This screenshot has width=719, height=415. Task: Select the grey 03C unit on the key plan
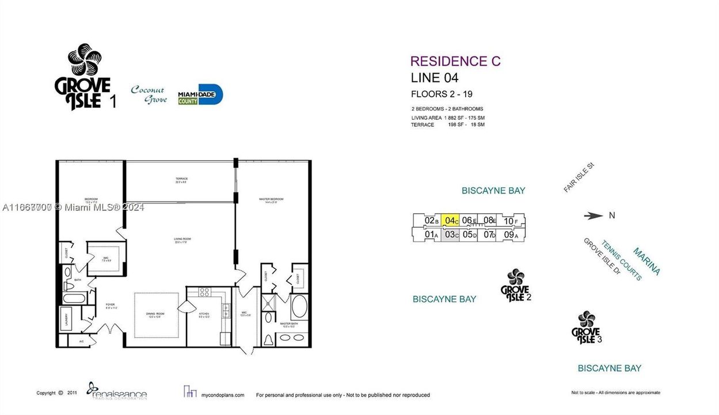[x=450, y=235]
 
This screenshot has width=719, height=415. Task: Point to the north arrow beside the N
[x=593, y=216]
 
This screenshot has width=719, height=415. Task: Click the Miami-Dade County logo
[x=200, y=95]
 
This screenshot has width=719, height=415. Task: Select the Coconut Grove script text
[x=149, y=95]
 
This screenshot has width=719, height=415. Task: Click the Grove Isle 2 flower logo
[x=515, y=285]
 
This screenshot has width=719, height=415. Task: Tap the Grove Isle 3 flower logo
[x=586, y=327]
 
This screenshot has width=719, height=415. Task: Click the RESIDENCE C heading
[x=455, y=61]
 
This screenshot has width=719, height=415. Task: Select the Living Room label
[x=182, y=239]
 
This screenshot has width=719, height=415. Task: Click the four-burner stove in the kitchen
[x=205, y=292]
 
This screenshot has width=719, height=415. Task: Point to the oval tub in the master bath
[x=299, y=308]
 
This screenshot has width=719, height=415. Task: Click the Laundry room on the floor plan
[x=67, y=319]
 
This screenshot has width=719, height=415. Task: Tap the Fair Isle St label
[x=579, y=178]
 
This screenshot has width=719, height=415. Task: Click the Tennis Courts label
[x=621, y=260]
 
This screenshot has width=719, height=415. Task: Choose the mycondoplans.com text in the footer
[x=222, y=395]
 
